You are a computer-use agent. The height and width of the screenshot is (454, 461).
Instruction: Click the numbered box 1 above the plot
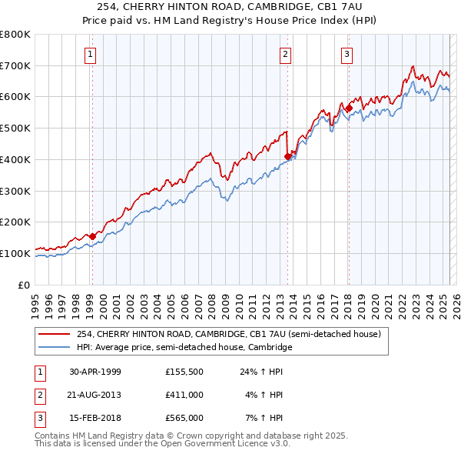(91, 54)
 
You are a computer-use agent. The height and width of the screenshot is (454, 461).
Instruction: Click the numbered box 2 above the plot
(285, 54)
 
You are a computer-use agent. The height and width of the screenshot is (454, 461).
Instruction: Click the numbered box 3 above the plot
(347, 54)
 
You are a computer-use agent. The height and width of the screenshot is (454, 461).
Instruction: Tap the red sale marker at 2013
(287, 156)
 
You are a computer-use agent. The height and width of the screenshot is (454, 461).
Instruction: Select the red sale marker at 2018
(348, 108)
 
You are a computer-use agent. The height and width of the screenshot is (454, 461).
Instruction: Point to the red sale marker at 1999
(92, 236)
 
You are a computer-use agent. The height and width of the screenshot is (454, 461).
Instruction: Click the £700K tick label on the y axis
(15, 65)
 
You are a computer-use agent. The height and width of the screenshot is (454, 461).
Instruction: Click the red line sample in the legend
(55, 334)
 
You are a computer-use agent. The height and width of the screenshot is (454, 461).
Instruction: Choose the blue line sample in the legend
(55, 348)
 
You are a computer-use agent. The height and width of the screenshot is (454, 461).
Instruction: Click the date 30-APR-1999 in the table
(95, 372)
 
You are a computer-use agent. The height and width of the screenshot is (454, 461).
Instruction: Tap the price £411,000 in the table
(184, 395)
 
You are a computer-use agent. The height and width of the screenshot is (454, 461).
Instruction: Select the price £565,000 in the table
(184, 418)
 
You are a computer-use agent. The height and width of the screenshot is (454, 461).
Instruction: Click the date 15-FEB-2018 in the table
(95, 418)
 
